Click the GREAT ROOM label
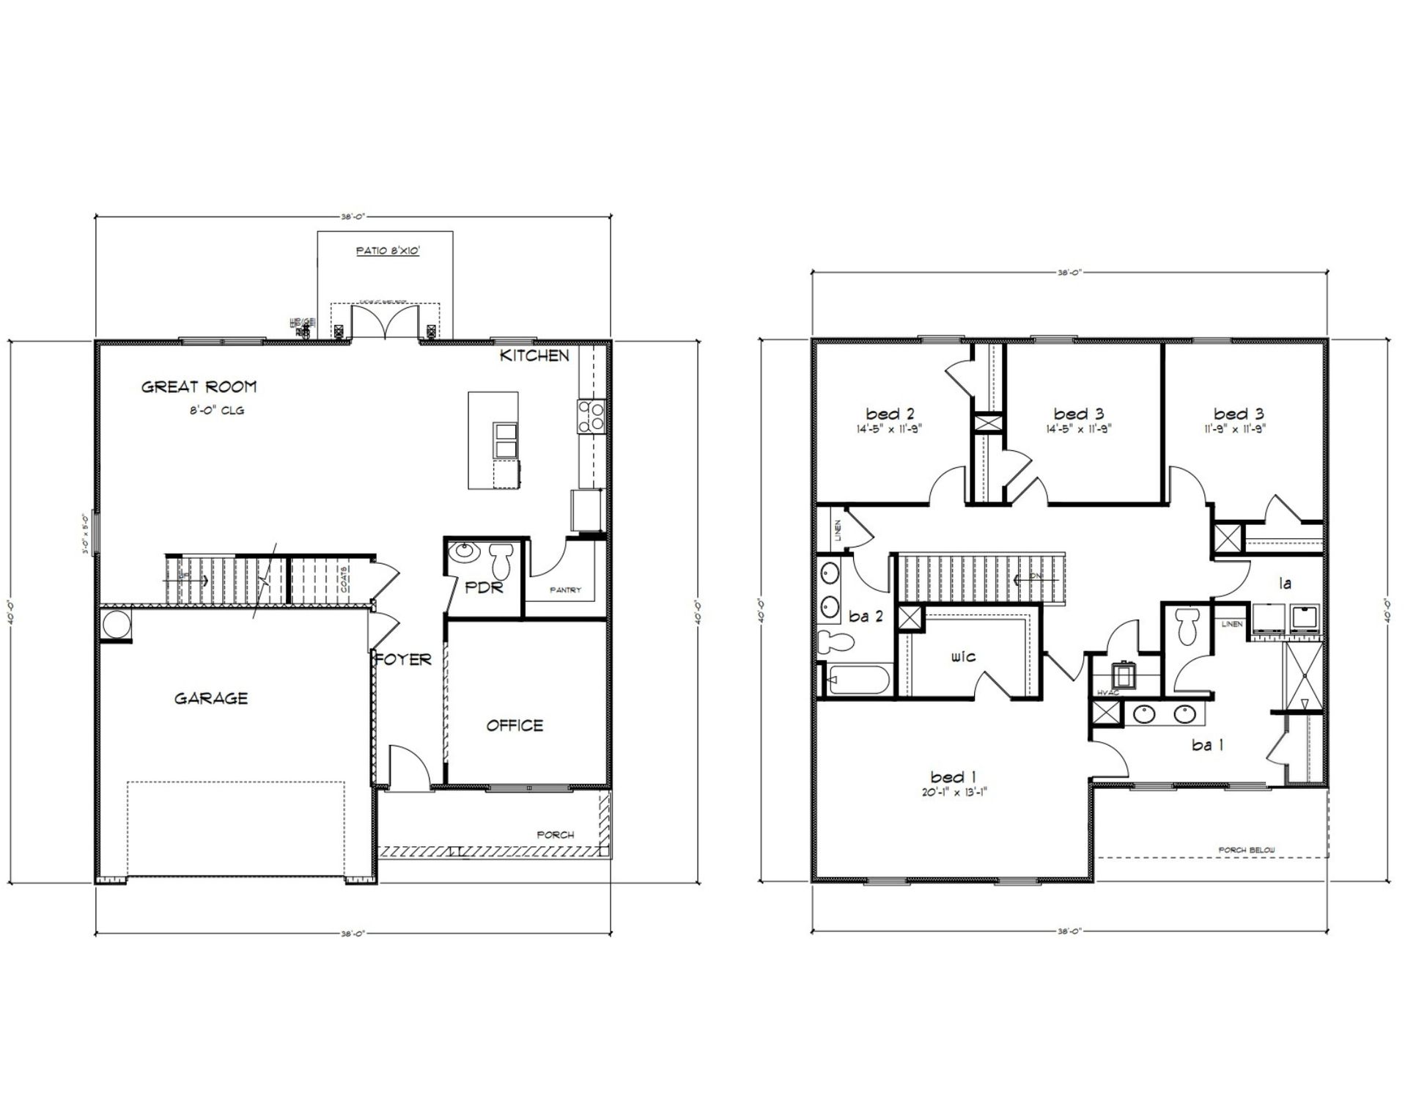pos(199,387)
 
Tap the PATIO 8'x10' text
pos(388,251)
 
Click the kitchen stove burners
pos(591,415)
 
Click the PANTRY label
pos(566,590)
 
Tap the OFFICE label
pos(515,726)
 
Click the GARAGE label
pos(211,699)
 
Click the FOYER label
pos(404,660)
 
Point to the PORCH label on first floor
pos(556,834)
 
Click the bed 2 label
pos(890,414)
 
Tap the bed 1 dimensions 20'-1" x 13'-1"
pos(953,792)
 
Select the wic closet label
pos(963,657)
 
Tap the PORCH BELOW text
pos(1247,851)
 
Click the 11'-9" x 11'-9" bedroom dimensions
pos(1239,430)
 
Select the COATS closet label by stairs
pos(344,579)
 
